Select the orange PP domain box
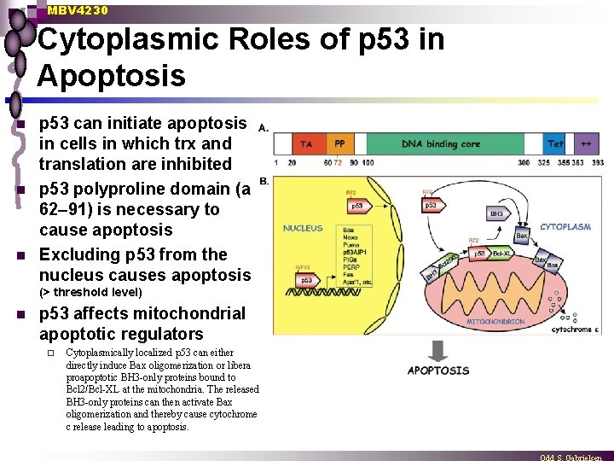339,144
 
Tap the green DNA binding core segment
442,144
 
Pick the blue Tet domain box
555,144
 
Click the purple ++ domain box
587,144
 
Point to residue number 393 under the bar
597,162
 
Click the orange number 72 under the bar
338,162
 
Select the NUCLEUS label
303,228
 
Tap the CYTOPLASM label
565,227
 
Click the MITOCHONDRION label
495,323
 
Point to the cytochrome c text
578,329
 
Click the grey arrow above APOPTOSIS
437,350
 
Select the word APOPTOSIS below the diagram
438,371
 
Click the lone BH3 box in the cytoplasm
496,213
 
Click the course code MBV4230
78,10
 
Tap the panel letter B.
264,181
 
